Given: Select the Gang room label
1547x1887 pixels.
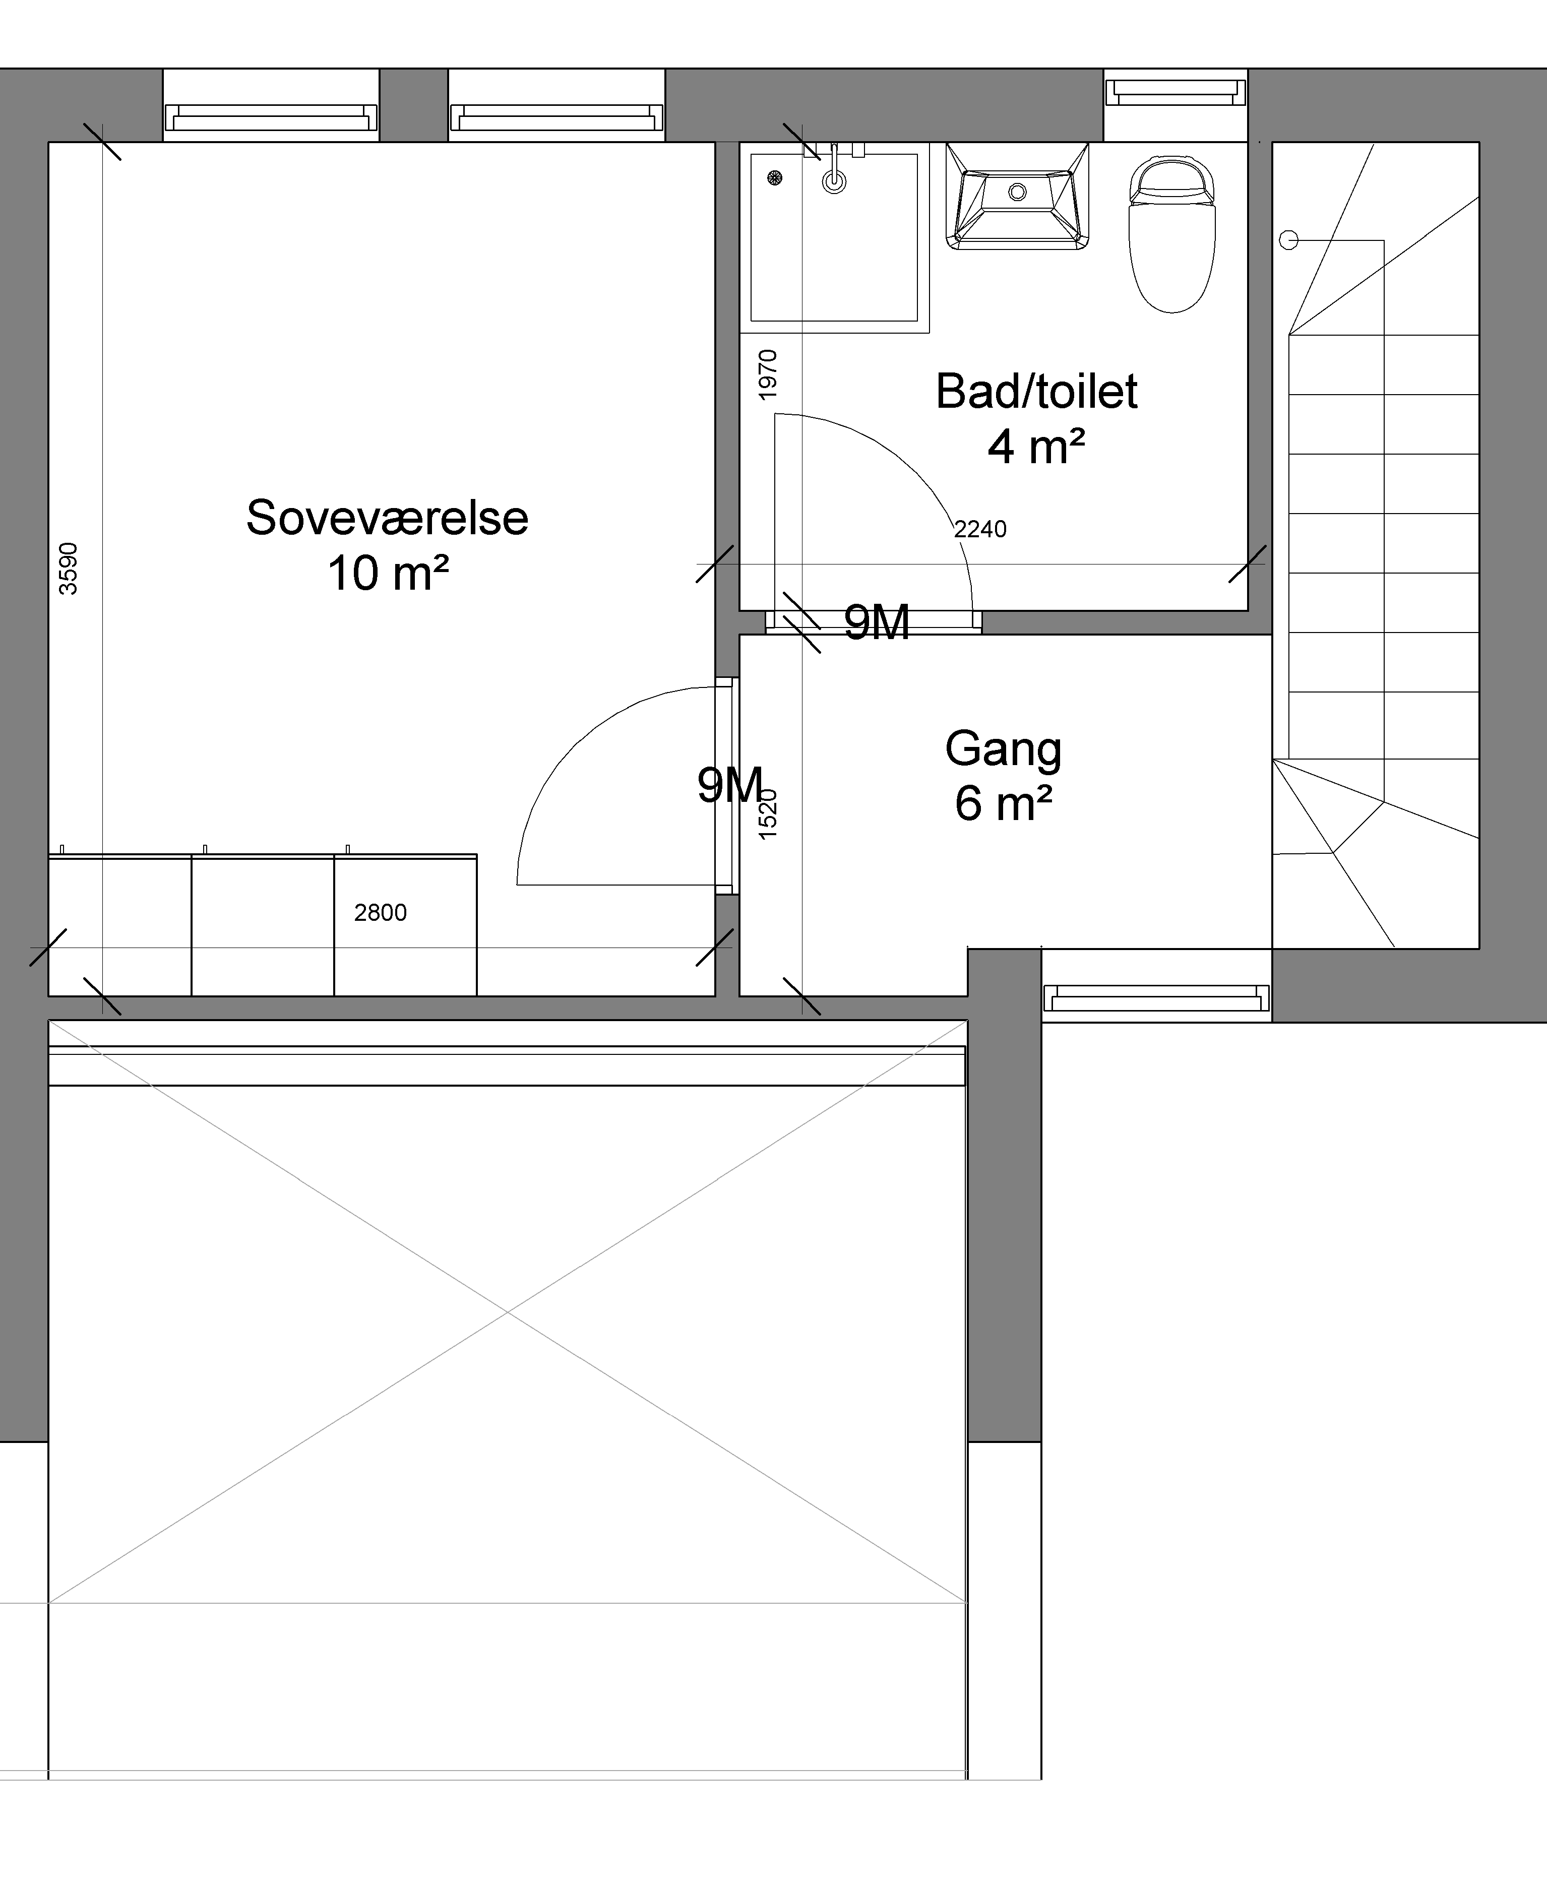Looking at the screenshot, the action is [x=1004, y=750].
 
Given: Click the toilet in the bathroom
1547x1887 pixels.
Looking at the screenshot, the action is [x=1172, y=235].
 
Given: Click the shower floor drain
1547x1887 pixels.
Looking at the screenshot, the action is [x=774, y=178].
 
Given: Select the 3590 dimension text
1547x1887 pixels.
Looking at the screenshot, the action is [x=68, y=569].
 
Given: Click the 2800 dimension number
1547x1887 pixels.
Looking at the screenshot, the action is [x=381, y=912].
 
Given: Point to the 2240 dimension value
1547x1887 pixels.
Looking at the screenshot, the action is [x=980, y=529].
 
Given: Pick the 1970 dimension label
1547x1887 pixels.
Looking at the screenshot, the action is [x=767, y=374].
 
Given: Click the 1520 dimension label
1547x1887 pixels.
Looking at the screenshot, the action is [x=767, y=813].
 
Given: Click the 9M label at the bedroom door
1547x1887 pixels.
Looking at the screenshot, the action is [x=730, y=785].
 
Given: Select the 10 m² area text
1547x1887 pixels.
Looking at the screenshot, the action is [x=388, y=573].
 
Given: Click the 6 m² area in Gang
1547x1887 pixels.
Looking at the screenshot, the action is [x=1004, y=803].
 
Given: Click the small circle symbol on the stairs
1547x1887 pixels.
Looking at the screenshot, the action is [x=1288, y=240].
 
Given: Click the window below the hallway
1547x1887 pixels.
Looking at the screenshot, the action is [x=1156, y=998].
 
